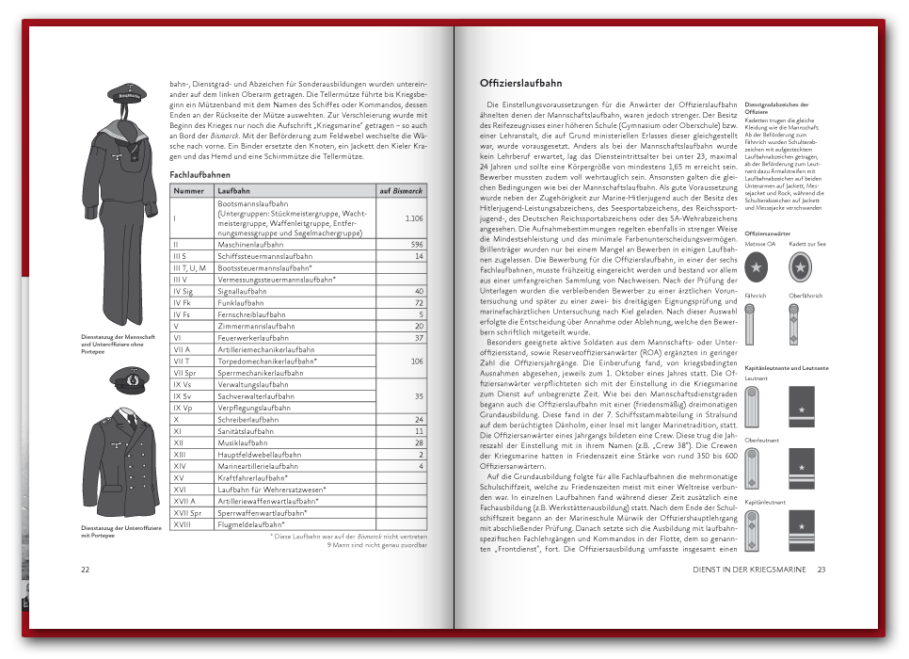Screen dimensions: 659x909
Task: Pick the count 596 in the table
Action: [417, 244]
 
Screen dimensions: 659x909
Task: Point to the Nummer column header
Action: [189, 191]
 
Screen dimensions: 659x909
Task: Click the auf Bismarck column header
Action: [401, 191]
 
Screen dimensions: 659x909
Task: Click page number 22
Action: [85, 570]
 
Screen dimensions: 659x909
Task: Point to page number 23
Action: [821, 570]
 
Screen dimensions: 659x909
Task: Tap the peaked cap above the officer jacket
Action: [124, 379]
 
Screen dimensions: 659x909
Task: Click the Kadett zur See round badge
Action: [801, 268]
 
